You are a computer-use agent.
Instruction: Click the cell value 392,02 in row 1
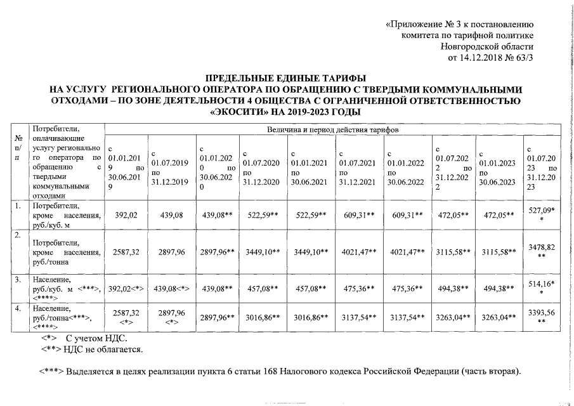click(x=126, y=215)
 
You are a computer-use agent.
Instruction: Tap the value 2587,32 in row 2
click(x=126, y=252)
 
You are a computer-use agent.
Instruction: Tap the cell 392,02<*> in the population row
click(x=126, y=289)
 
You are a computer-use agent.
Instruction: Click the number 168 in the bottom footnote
click(x=280, y=370)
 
